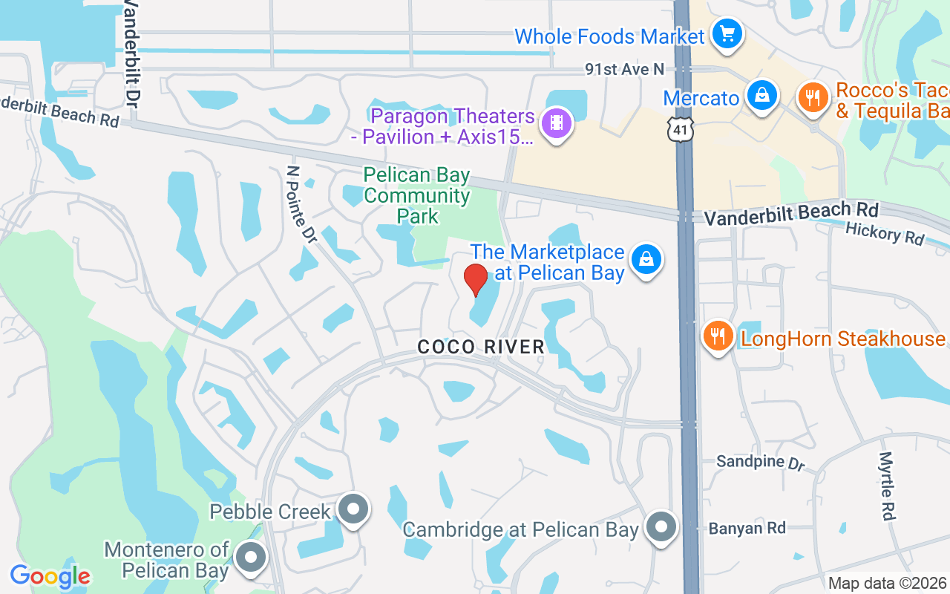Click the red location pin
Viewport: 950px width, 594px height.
point(475,279)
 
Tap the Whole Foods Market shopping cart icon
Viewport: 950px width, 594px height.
point(727,34)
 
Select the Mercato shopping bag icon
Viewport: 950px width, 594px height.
point(761,96)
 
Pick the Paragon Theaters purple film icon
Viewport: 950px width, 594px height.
point(556,123)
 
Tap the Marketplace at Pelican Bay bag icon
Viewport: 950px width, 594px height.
point(646,259)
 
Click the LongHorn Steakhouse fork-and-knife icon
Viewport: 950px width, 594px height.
point(717,336)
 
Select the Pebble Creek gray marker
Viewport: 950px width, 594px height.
point(353,509)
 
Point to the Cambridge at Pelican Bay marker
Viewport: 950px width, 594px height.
point(661,528)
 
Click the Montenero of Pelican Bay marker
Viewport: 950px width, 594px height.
point(251,558)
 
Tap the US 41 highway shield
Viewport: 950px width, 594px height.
point(681,128)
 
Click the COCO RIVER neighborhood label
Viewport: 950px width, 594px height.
point(481,347)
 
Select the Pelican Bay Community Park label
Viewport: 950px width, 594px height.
point(417,196)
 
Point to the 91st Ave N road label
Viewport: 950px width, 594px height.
point(624,69)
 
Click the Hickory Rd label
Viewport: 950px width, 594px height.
point(885,235)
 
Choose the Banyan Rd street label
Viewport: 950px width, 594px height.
point(747,529)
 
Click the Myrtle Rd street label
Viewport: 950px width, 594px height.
point(887,486)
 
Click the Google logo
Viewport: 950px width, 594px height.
point(50,576)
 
